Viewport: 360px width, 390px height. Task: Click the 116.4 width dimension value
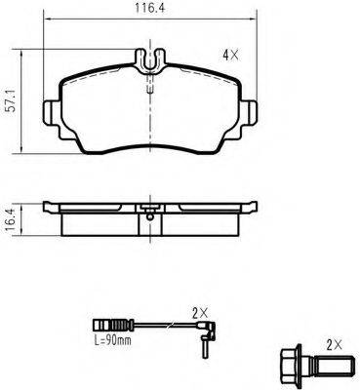pyautogui.click(x=150, y=8)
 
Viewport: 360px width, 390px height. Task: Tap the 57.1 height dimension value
pyautogui.click(x=12, y=101)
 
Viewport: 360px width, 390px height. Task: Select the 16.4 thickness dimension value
pyautogui.click(x=11, y=220)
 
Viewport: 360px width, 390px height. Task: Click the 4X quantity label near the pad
pyautogui.click(x=230, y=56)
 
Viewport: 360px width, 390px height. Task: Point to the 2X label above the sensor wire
pyautogui.click(x=200, y=313)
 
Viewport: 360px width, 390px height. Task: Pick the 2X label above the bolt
pyautogui.click(x=334, y=346)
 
